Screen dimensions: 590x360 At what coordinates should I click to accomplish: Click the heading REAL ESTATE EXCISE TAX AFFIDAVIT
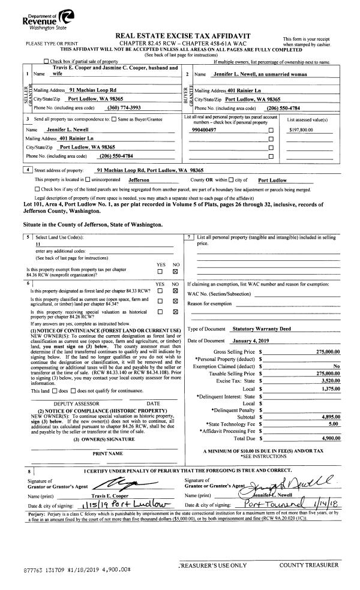coord(181,37)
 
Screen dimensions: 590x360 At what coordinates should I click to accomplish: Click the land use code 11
coord(38,244)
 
